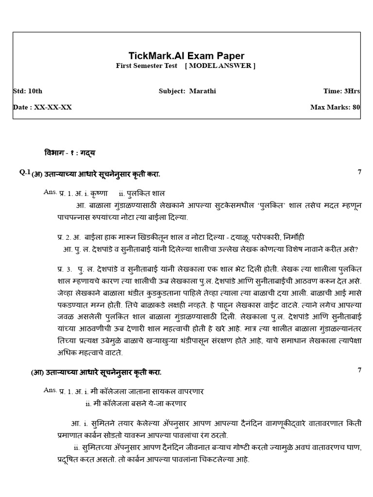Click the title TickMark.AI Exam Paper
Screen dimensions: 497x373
coord(186,56)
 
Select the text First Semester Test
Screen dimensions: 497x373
coord(147,66)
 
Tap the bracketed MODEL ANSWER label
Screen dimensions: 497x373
coord(220,66)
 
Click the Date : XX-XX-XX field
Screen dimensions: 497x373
coord(42,107)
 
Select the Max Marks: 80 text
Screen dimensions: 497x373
coord(335,107)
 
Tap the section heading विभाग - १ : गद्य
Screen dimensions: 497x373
coord(70,153)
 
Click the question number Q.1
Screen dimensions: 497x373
coord(25,172)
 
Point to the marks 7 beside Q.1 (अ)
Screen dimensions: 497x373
coord(359,172)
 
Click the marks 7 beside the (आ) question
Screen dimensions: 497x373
coord(359,370)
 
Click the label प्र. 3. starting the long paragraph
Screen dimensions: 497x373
coord(65,268)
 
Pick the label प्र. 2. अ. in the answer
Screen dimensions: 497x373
coord(69,237)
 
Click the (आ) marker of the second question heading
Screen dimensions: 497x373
coord(38,373)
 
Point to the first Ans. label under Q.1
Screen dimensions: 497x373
coord(50,192)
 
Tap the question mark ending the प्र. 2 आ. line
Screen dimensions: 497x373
coord(356,249)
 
